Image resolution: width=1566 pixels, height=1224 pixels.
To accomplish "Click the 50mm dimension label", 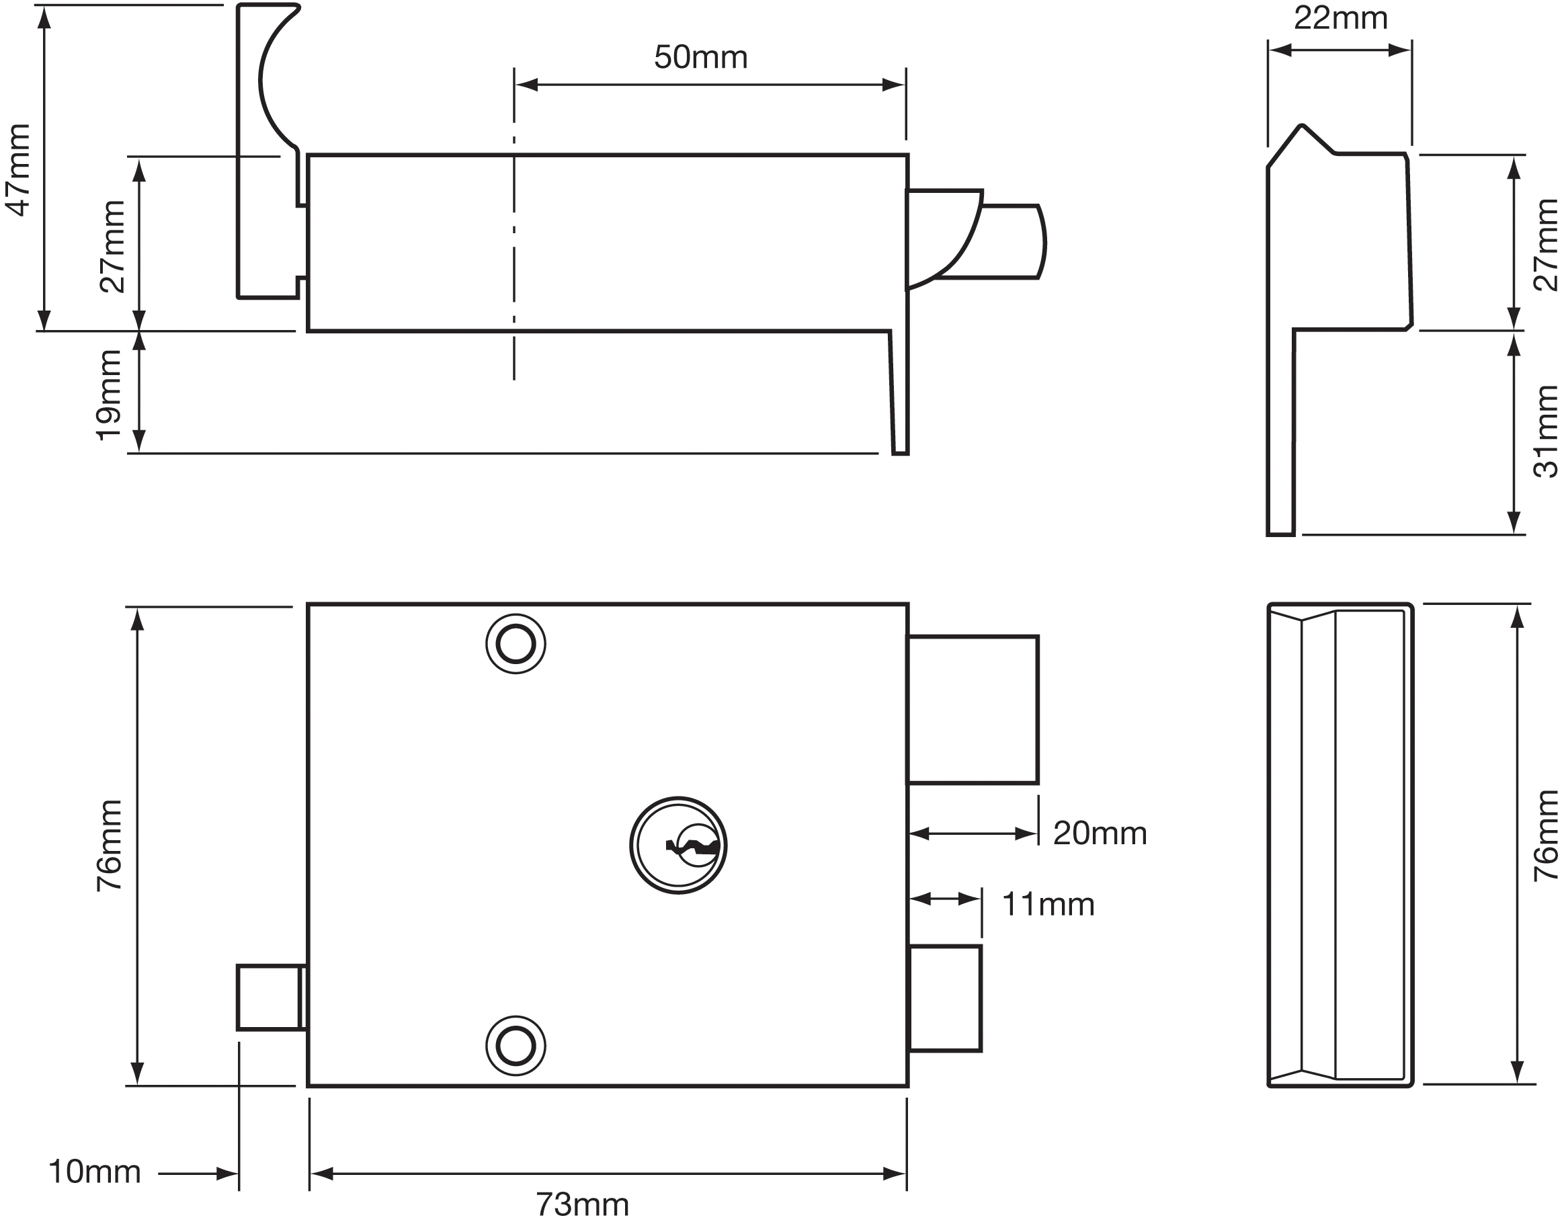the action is click(x=700, y=57).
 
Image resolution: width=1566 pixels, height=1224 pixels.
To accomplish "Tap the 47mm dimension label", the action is click(x=19, y=169).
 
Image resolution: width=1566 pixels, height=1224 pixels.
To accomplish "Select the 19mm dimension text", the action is click(x=110, y=395).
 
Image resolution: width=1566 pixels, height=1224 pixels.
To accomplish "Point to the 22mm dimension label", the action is click(x=1340, y=18).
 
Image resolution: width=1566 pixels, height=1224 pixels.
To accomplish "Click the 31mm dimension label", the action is click(x=1546, y=432).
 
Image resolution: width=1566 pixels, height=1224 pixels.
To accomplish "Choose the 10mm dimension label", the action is click(x=94, y=1172).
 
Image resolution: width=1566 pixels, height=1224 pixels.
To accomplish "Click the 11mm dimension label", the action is click(x=1048, y=905).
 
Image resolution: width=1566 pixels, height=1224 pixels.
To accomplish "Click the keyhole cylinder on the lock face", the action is click(x=677, y=846).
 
